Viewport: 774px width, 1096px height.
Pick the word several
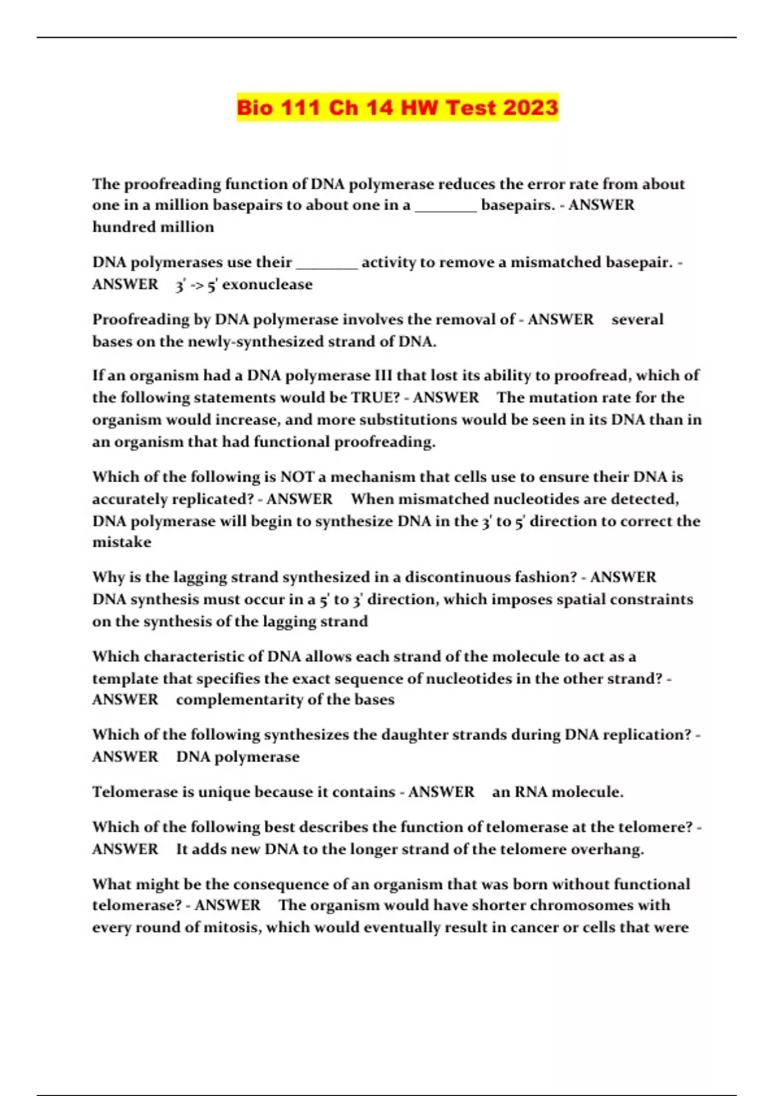(637, 319)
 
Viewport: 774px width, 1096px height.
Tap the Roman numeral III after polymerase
(383, 375)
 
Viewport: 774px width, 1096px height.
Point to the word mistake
(121, 542)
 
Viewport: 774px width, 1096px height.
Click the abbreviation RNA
(530, 792)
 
